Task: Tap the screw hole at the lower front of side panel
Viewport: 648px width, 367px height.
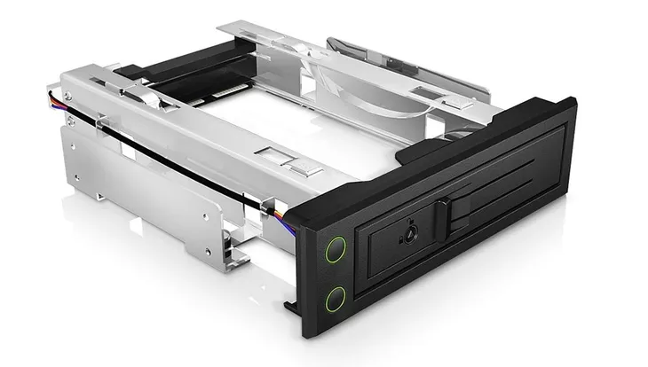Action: pyautogui.click(x=206, y=214)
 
